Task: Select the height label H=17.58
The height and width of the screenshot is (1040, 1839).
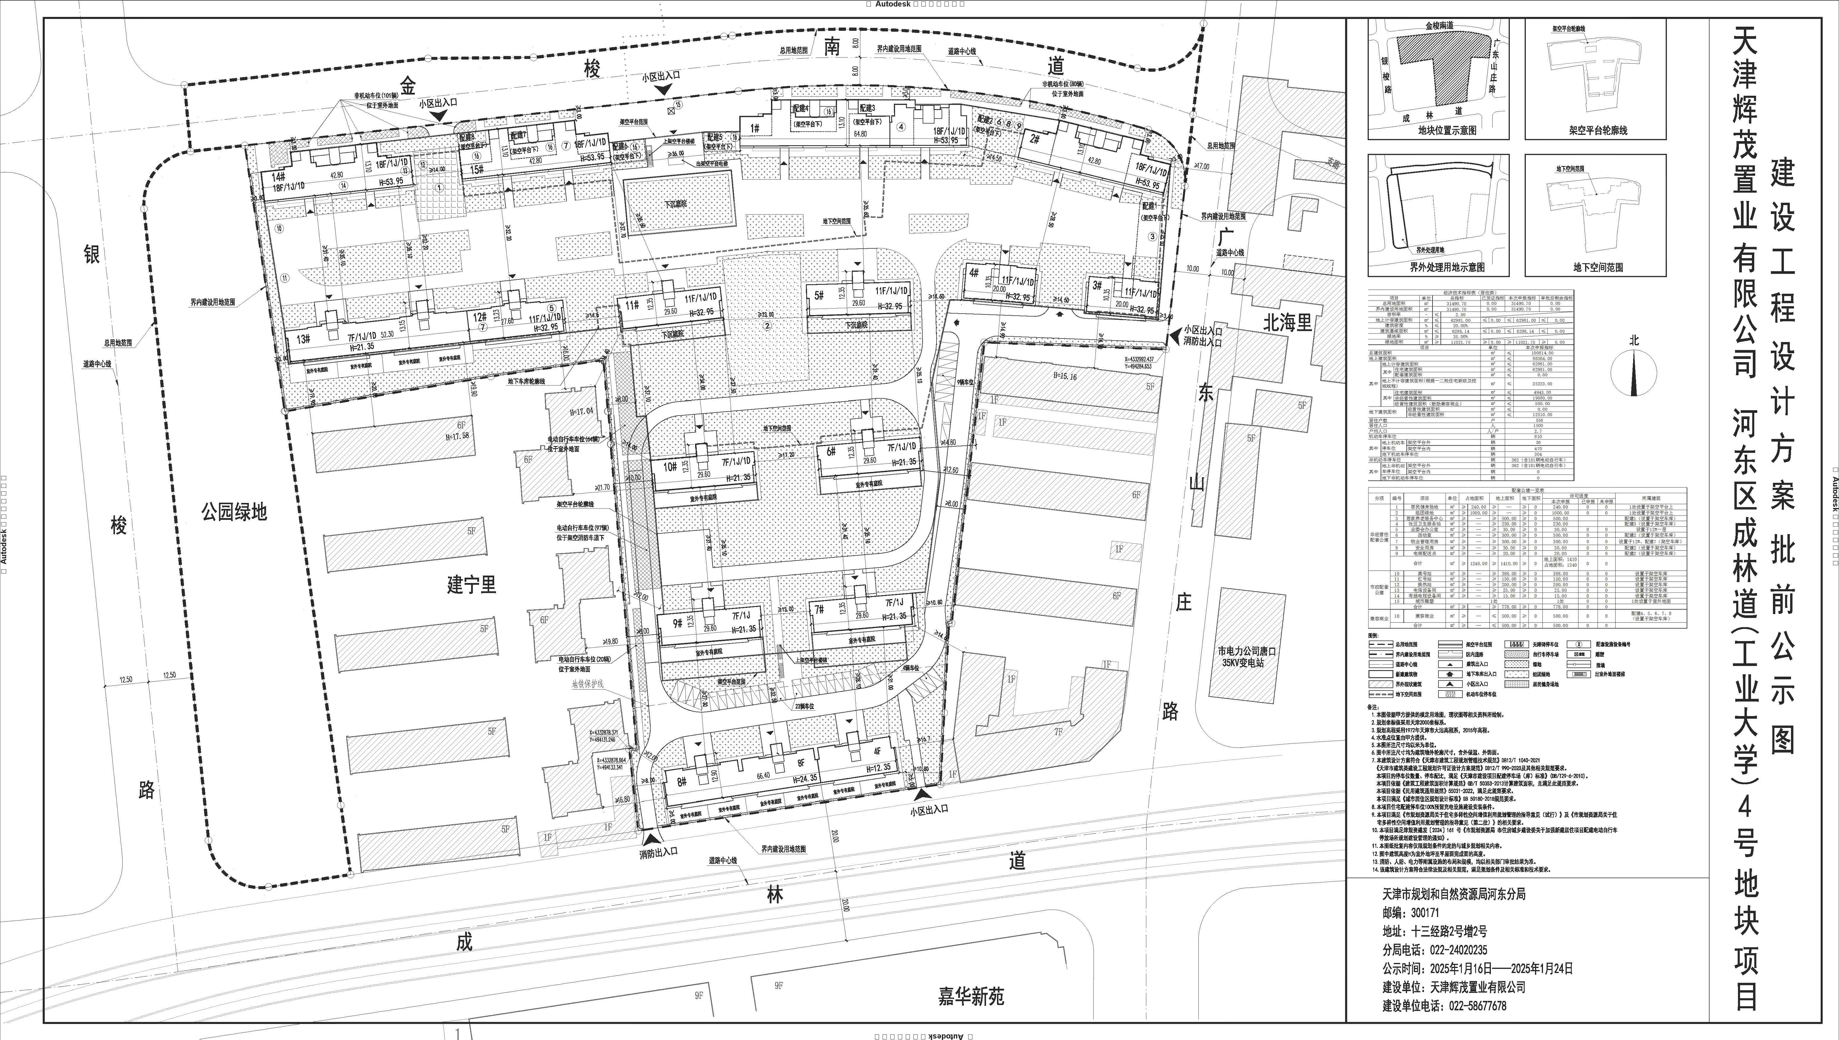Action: tap(457, 437)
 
